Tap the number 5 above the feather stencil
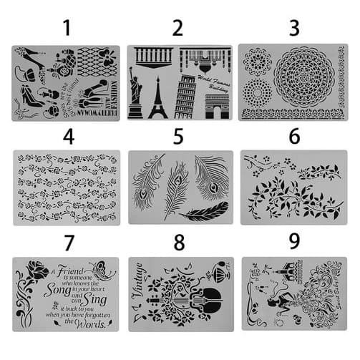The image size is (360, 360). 178,136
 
